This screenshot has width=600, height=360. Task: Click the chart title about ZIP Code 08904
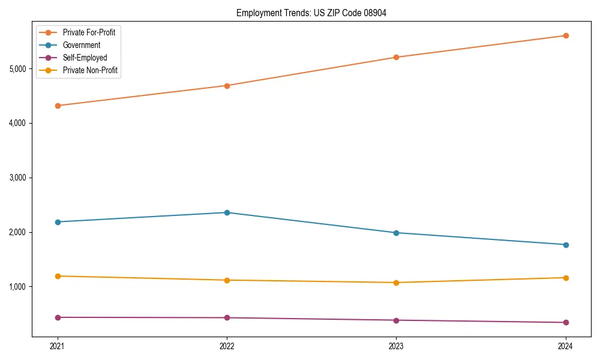point(311,13)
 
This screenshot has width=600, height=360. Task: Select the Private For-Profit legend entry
point(89,32)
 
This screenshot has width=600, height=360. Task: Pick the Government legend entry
point(81,45)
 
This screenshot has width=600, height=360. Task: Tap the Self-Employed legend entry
point(85,58)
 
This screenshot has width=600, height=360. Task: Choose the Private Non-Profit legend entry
point(90,70)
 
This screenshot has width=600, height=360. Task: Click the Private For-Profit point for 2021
point(58,106)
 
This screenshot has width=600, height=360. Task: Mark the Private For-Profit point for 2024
point(566,35)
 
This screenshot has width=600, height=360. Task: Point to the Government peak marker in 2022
point(227,212)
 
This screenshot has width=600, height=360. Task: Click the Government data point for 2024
point(566,245)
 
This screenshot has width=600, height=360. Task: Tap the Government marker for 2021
point(58,222)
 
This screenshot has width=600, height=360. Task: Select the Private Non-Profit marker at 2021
point(58,276)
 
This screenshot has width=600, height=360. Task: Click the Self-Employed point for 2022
point(227,318)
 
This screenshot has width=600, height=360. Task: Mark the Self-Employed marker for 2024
point(566,323)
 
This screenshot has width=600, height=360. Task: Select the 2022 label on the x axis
point(227,346)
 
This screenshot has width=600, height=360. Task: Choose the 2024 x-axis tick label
point(566,346)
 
